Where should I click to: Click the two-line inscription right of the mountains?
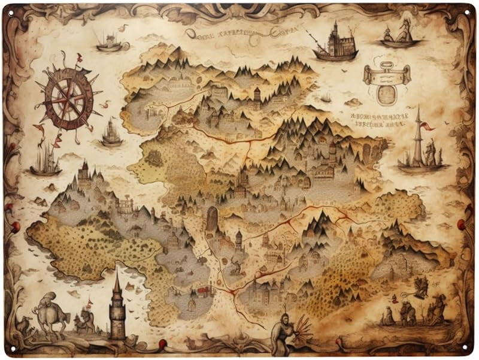tap(380, 119)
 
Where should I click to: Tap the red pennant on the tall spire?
tap(427, 126)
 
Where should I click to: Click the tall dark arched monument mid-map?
tap(212, 220)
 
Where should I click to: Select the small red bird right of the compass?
tap(105, 105)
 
